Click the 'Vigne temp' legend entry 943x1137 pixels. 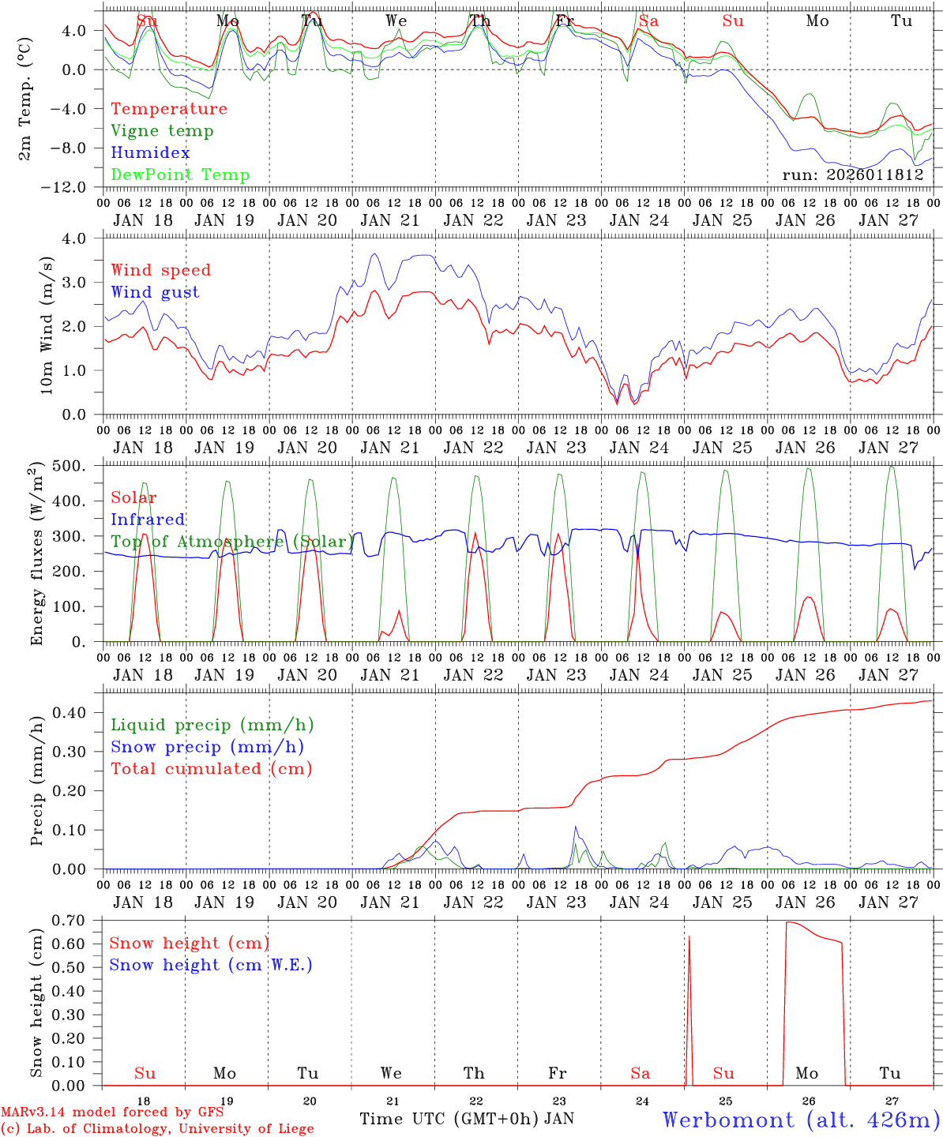click(x=162, y=131)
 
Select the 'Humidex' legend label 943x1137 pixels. click(x=150, y=153)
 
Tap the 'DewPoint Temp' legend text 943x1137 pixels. click(x=180, y=175)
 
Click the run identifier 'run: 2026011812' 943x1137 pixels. click(x=852, y=175)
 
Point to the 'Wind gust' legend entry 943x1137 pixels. click(x=155, y=292)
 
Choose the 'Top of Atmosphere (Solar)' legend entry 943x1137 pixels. click(x=232, y=542)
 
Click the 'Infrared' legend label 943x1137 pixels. click(x=148, y=520)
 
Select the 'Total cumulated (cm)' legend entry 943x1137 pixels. click(x=211, y=769)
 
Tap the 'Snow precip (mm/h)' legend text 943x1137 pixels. click(x=207, y=747)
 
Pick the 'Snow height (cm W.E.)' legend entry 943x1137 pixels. click(x=211, y=965)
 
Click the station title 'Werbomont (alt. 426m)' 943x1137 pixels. click(x=801, y=1120)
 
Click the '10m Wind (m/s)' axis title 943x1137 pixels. click(x=47, y=325)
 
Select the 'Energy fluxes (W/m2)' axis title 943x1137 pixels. click(x=36, y=556)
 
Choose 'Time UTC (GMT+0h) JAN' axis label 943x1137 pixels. click(x=467, y=1119)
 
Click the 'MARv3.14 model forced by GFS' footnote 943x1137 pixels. click(x=112, y=1113)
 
